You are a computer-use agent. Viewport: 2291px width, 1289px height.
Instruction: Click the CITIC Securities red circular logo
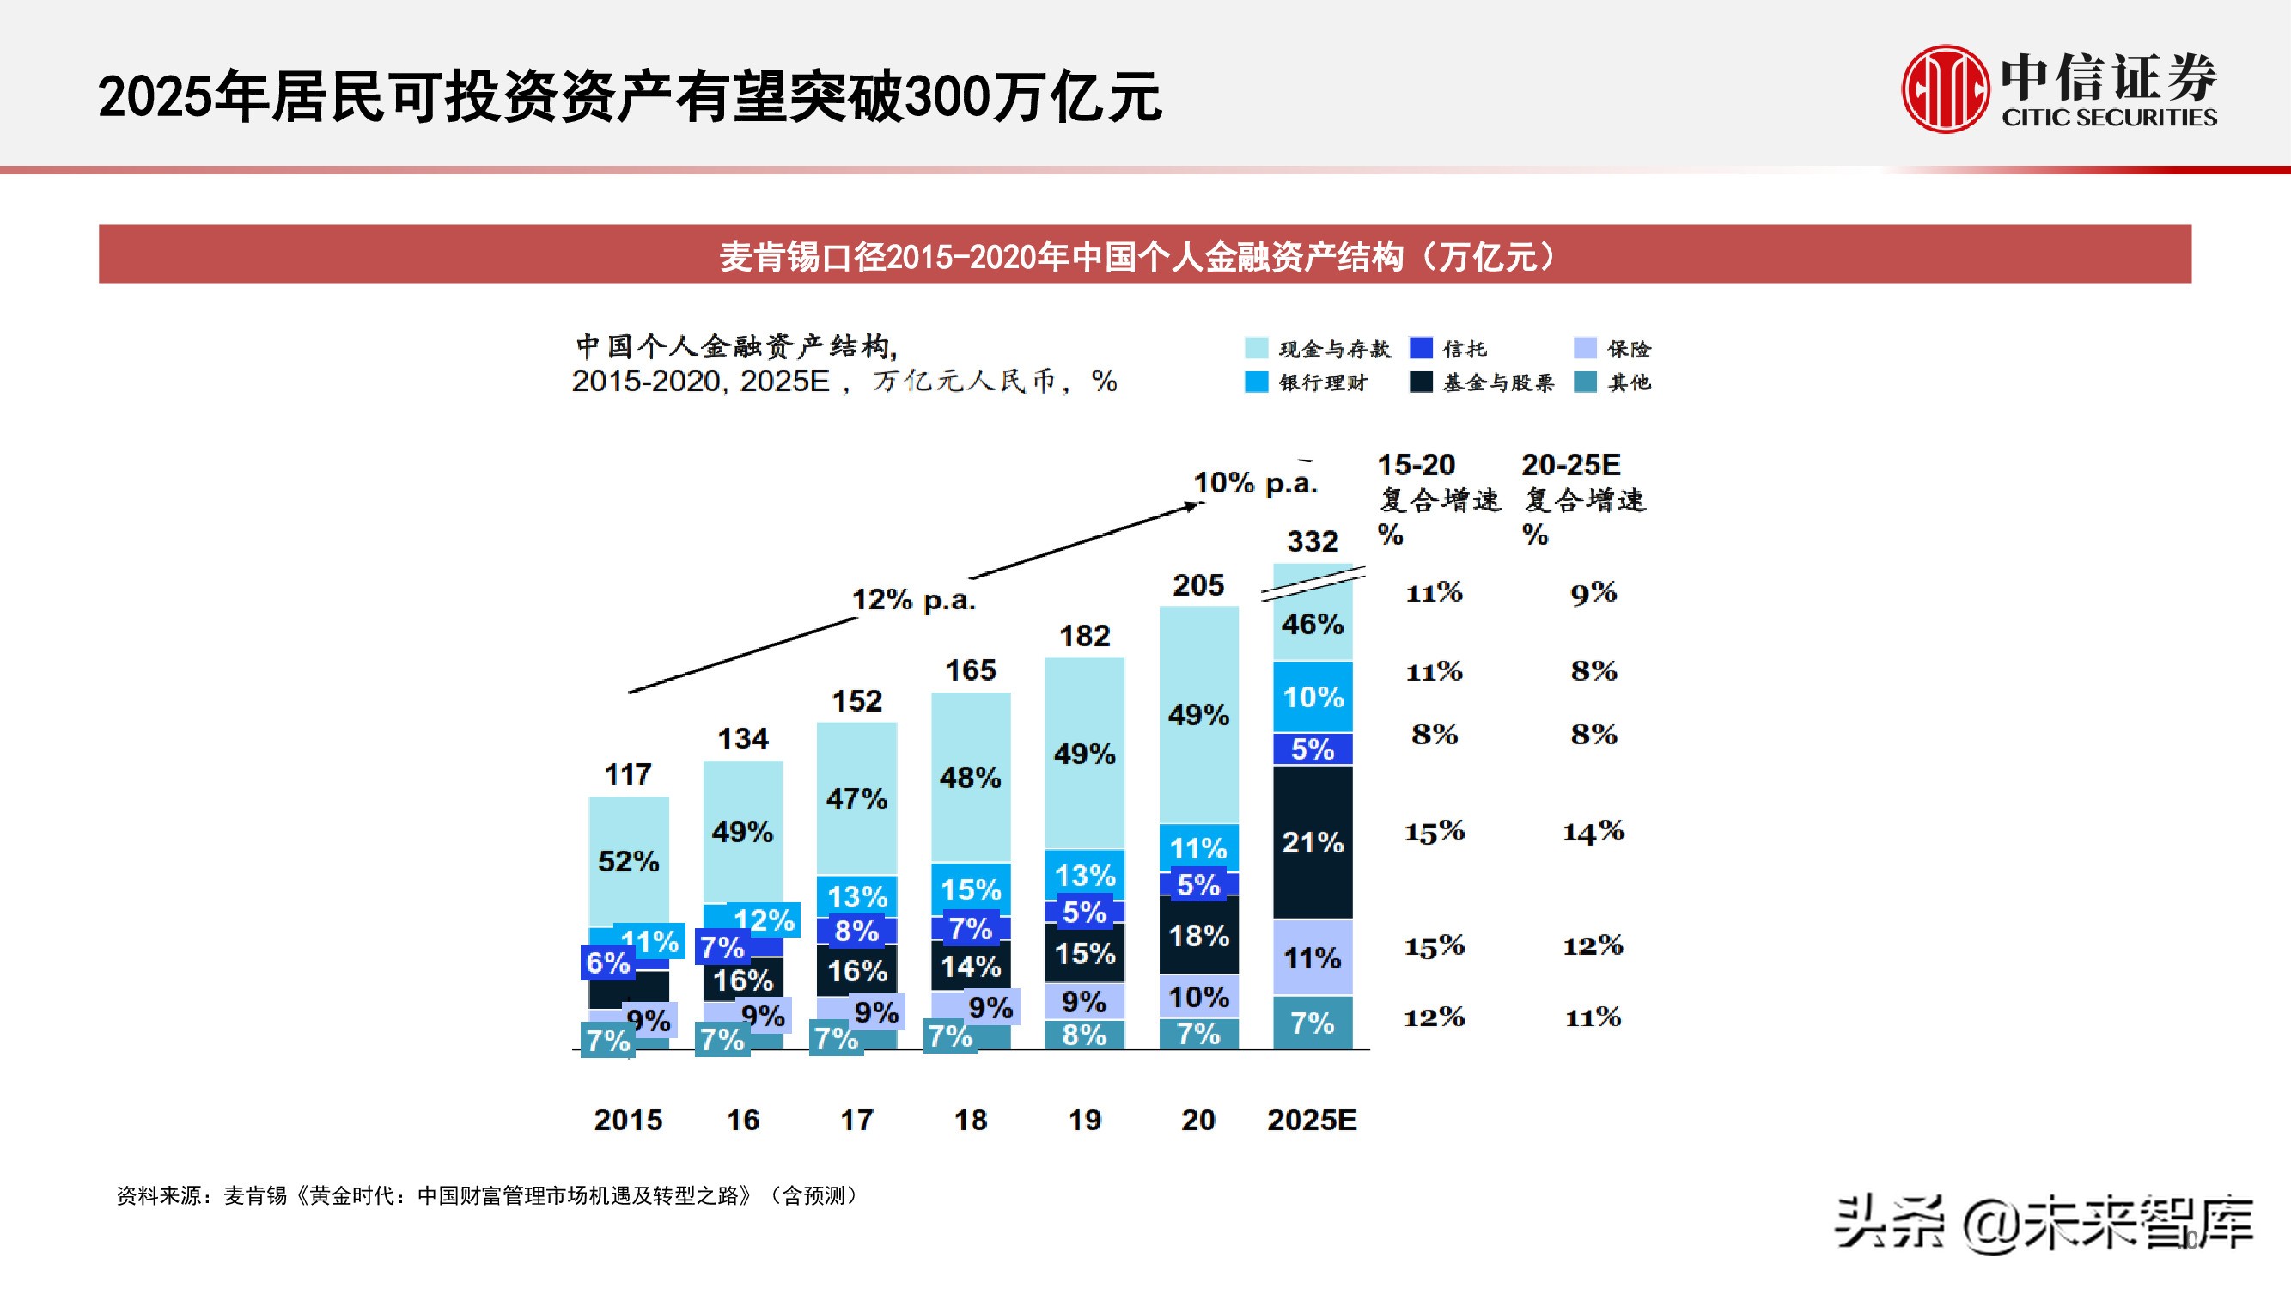click(1944, 90)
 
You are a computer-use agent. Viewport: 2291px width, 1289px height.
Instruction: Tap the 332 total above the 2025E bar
click(1312, 541)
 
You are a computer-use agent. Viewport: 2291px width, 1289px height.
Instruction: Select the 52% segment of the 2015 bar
click(629, 861)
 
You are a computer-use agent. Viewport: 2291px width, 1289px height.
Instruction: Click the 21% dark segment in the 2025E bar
click(1313, 841)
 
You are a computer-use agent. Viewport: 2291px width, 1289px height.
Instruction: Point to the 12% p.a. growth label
click(913, 600)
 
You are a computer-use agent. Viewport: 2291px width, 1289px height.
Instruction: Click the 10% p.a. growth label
click(1255, 483)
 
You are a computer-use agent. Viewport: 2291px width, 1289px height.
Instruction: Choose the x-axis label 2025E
click(1312, 1119)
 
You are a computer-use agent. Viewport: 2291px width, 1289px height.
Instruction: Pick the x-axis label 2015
click(628, 1119)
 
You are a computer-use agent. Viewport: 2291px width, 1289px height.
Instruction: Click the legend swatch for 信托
click(1421, 348)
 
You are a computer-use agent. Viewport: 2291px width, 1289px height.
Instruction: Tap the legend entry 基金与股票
click(1497, 382)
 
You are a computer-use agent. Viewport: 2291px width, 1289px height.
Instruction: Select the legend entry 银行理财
click(1323, 382)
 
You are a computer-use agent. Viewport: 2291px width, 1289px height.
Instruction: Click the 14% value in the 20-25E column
click(1593, 832)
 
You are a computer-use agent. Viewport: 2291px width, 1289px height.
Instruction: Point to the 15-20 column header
click(1416, 464)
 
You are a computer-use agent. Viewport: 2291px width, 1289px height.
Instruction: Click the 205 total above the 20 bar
click(1198, 585)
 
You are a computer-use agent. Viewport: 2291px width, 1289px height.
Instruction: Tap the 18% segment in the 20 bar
click(1199, 935)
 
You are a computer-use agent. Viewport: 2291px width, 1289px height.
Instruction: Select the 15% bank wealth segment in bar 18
click(972, 889)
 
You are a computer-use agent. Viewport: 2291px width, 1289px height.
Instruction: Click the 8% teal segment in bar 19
click(1084, 1035)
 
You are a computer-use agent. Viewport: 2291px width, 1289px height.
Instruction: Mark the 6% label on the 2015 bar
click(608, 962)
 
